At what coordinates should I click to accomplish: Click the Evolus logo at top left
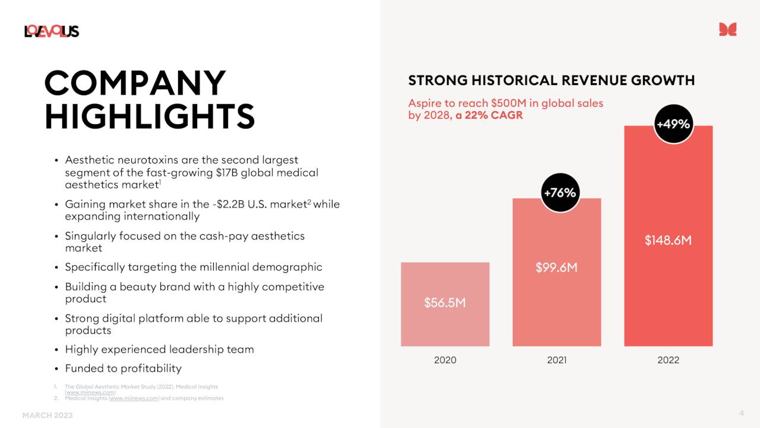click(52, 31)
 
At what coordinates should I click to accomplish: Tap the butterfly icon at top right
click(727, 29)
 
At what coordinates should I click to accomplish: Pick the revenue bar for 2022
click(668, 285)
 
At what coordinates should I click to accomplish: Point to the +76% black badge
click(560, 193)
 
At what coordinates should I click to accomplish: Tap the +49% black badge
click(673, 124)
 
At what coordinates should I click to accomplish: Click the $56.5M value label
click(445, 303)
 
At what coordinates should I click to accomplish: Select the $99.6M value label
click(556, 267)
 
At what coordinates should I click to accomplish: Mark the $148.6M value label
click(668, 241)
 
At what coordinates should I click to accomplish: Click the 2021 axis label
click(556, 360)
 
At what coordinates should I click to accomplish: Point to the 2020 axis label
click(445, 360)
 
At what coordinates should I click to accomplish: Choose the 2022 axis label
click(668, 360)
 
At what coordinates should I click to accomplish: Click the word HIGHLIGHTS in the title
click(150, 116)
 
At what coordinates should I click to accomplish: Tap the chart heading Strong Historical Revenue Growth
click(551, 80)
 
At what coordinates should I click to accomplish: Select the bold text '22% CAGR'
click(494, 115)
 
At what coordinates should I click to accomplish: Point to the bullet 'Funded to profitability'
click(123, 369)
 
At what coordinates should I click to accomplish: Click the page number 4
click(741, 413)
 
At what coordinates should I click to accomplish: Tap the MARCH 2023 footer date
click(47, 416)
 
